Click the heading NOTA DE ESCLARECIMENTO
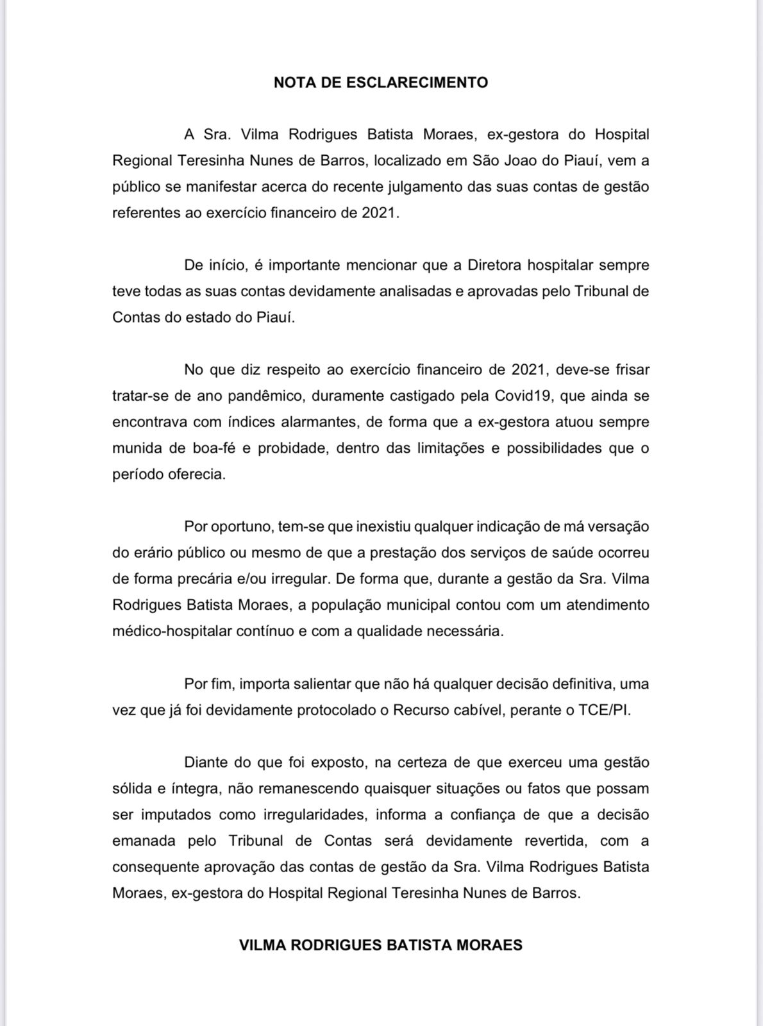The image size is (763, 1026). tap(381, 83)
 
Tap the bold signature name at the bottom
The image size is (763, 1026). tap(381, 945)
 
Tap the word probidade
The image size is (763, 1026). tap(292, 448)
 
